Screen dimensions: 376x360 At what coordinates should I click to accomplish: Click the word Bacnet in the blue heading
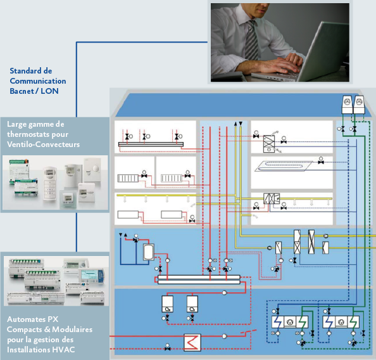(x=22, y=91)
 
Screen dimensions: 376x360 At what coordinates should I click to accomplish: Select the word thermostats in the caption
(x=37, y=134)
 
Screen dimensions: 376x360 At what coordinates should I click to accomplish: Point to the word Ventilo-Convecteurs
(x=44, y=145)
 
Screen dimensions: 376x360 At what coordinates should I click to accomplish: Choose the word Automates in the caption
(x=26, y=319)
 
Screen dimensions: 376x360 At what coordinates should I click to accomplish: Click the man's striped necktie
(x=251, y=40)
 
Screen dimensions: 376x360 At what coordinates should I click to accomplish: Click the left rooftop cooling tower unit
(x=347, y=105)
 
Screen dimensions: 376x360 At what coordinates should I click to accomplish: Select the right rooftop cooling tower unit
(x=359, y=105)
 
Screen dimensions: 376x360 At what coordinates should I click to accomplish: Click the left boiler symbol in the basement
(x=167, y=304)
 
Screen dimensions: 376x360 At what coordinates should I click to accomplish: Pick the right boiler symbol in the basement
(x=192, y=304)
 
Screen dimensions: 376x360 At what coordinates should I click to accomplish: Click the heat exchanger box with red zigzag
(x=192, y=342)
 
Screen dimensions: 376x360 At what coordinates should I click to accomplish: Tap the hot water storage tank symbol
(x=149, y=252)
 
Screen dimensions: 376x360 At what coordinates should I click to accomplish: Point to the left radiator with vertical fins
(x=128, y=178)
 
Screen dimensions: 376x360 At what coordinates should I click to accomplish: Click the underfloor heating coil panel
(x=284, y=166)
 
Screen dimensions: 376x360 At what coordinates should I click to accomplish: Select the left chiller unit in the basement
(x=290, y=322)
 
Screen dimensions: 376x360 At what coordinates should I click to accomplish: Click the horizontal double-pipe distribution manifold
(x=199, y=280)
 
